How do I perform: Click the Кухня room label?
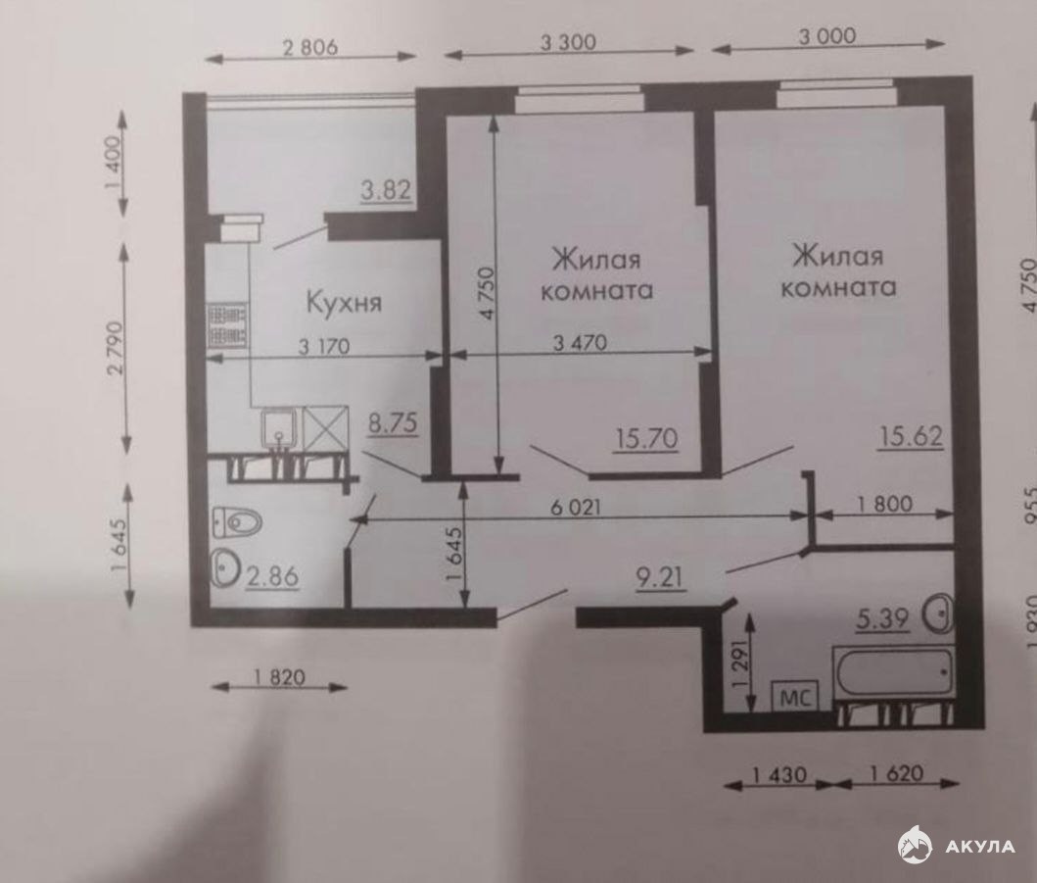pos(344,303)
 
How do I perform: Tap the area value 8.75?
pos(393,423)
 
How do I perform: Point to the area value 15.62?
pos(912,435)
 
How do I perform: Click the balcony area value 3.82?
pos(387,190)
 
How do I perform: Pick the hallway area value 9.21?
pos(659,578)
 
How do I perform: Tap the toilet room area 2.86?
pos(272,576)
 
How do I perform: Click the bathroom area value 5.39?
pos(881,619)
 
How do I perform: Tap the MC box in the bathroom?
pos(795,697)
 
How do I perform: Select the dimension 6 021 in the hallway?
pos(576,507)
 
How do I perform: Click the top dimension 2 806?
pos(310,47)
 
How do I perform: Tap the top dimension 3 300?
pos(568,42)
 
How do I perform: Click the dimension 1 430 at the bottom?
pos(779,774)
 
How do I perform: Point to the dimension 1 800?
pos(885,505)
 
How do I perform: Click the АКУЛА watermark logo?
pos(956,846)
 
